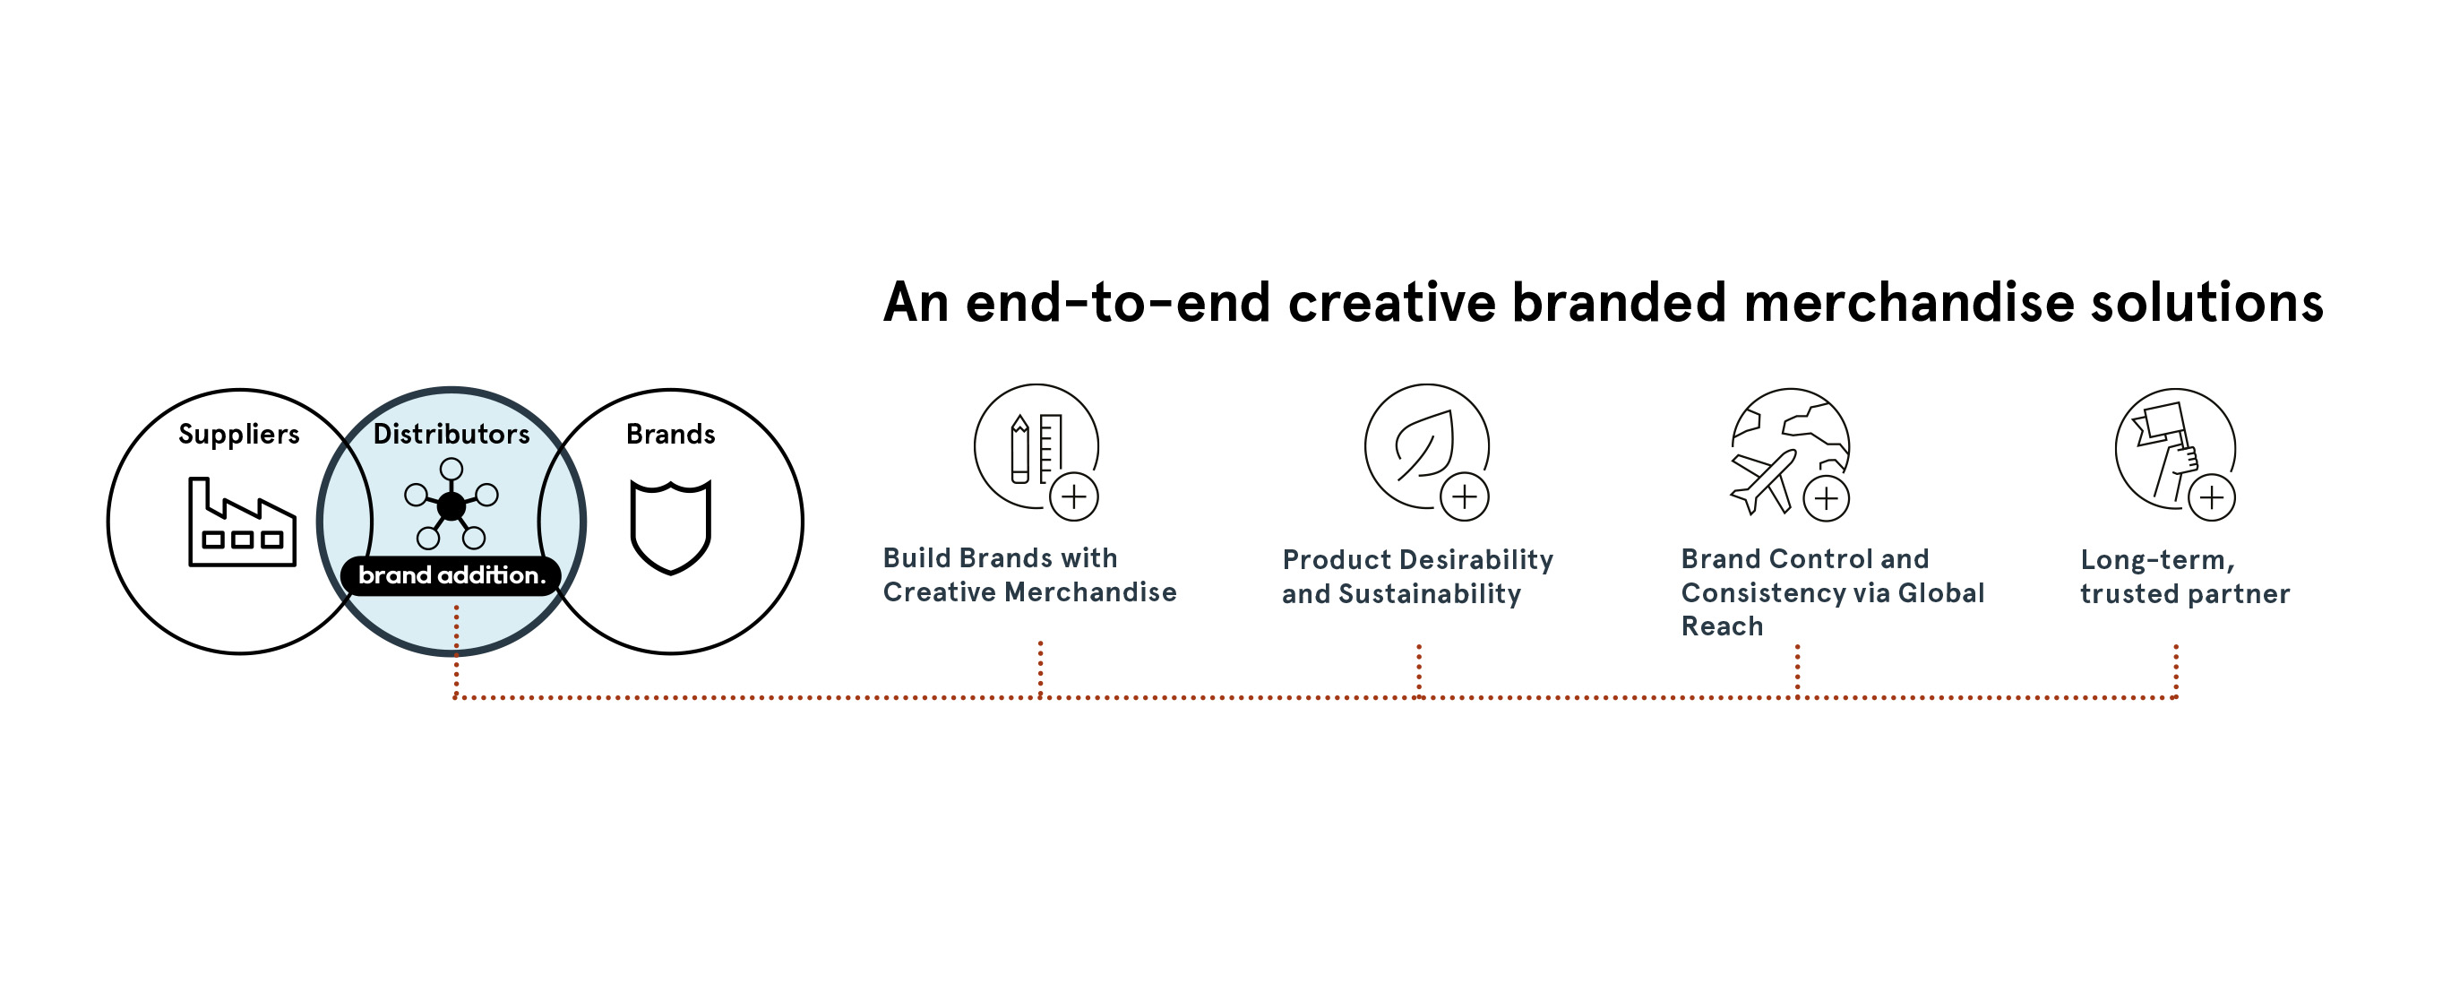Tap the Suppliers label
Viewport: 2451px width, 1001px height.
click(x=239, y=435)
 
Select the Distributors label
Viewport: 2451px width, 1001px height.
click(x=451, y=434)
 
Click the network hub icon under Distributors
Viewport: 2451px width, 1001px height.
click(x=451, y=505)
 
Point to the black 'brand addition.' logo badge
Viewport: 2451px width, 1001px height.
click(x=451, y=575)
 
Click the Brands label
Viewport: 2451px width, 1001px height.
click(x=671, y=434)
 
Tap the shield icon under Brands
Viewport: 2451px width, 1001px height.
click(x=671, y=527)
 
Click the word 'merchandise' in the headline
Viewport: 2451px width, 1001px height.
click(x=1909, y=303)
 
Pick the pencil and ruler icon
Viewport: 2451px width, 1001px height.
click(x=1036, y=449)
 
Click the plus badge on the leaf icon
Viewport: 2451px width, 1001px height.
click(x=1465, y=496)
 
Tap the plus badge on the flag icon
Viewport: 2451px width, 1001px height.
click(x=2212, y=497)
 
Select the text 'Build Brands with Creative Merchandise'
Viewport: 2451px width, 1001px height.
click(x=1029, y=574)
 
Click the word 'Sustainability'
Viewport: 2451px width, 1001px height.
click(x=1430, y=595)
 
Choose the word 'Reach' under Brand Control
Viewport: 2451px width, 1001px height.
click(x=1722, y=626)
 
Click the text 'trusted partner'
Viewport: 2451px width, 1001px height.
click(x=2185, y=595)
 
